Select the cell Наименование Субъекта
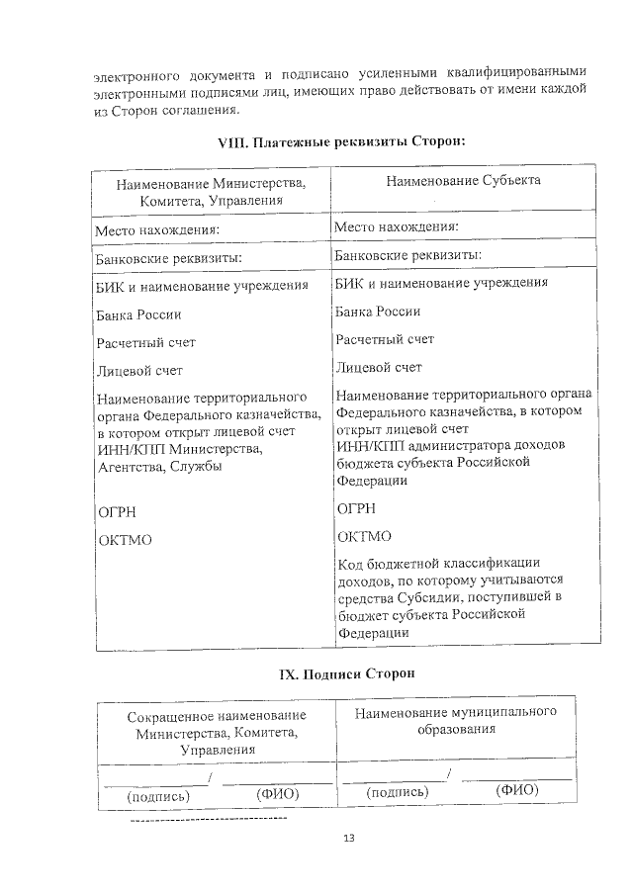click(x=463, y=181)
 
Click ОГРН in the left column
click(x=116, y=512)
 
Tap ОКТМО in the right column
click(x=363, y=537)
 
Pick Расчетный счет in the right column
click(x=384, y=339)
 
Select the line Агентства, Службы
click(x=158, y=466)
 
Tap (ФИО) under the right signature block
click(x=516, y=790)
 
